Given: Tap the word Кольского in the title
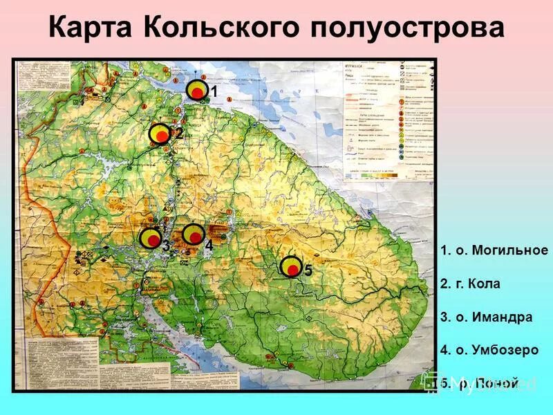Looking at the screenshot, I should point(221,28).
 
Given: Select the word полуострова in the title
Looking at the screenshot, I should point(408,28).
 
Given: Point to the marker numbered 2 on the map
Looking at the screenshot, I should point(161,133).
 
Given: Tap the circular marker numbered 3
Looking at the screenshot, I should point(150,239).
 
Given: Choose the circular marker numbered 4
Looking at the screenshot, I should point(194,235).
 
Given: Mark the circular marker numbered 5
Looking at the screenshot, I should point(292,267).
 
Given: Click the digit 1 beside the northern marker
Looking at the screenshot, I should point(214,92).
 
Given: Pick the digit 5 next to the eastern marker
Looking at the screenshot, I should point(308,271).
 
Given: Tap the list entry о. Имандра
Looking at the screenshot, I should point(486,317).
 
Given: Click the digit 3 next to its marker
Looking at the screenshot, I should point(166,245).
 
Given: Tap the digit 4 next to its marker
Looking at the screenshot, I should point(208,244).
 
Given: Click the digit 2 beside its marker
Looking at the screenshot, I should point(178,133).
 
